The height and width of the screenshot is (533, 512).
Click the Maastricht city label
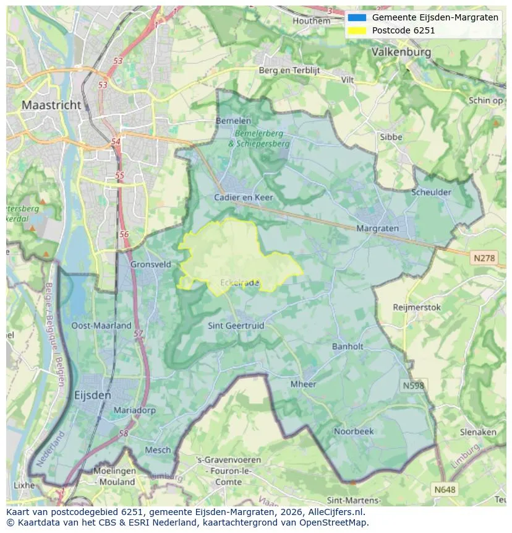click(x=51, y=105)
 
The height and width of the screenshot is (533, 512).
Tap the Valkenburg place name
click(x=401, y=53)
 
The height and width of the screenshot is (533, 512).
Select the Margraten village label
click(x=377, y=228)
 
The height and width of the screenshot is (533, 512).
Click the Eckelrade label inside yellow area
click(x=239, y=283)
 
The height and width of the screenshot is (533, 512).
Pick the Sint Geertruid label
click(x=236, y=325)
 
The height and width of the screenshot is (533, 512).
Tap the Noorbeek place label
click(x=354, y=431)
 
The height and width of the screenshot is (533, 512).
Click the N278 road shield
click(x=484, y=258)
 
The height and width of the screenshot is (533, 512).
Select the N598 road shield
click(x=414, y=385)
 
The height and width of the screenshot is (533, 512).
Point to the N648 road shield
click(x=445, y=489)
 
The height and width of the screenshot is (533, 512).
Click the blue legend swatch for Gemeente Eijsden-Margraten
click(x=357, y=17)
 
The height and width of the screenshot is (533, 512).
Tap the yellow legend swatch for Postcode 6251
click(x=357, y=30)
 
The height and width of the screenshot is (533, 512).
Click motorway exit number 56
click(x=124, y=234)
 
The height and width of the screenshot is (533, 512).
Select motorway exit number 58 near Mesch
click(x=124, y=433)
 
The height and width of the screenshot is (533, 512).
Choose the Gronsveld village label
click(x=150, y=264)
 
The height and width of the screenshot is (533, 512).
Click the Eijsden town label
click(x=92, y=395)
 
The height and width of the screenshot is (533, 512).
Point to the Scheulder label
click(x=431, y=192)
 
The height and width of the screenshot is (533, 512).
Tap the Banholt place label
click(x=348, y=347)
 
